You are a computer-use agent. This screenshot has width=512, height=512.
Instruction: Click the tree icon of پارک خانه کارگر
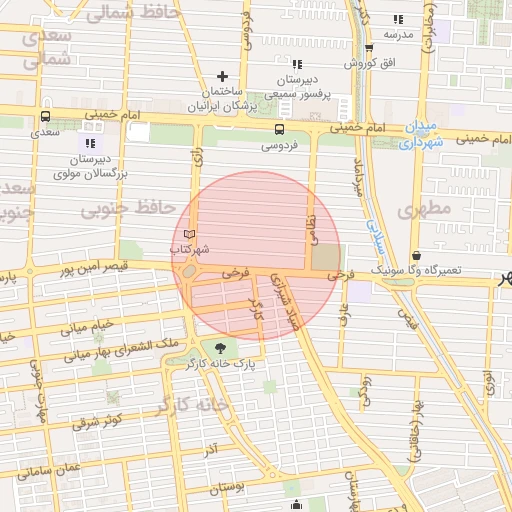point(219,348)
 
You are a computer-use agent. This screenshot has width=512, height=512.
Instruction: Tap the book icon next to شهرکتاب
point(190,234)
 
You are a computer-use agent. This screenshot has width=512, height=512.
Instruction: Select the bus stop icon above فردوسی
point(279,128)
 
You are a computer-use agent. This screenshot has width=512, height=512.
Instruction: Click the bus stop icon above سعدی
point(45,116)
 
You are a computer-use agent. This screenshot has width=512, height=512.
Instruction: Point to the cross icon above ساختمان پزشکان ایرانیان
point(222,76)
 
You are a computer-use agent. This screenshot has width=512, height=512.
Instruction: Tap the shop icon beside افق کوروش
point(368,47)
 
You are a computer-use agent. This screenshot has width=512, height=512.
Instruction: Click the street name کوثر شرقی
point(98,420)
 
